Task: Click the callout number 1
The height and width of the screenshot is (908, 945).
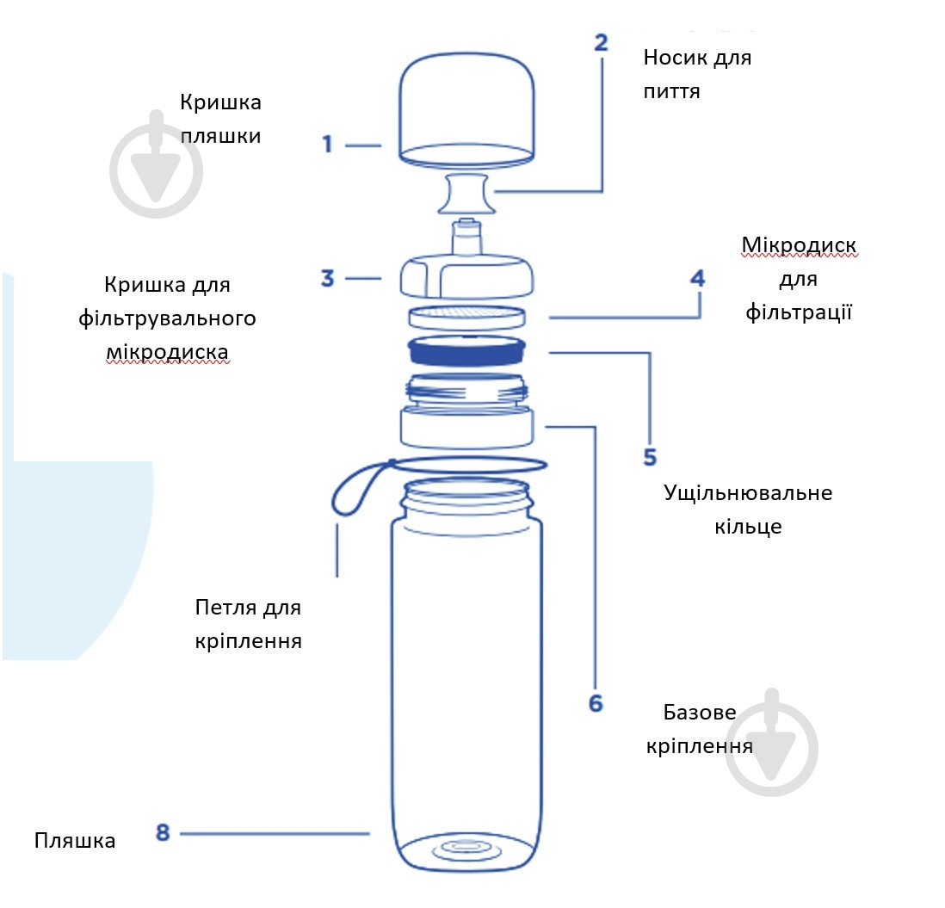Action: pyautogui.click(x=327, y=145)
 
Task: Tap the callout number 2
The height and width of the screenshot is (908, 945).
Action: pyautogui.click(x=601, y=43)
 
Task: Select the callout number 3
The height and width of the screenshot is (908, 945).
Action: pyautogui.click(x=327, y=279)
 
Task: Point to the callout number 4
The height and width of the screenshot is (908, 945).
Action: pyautogui.click(x=698, y=279)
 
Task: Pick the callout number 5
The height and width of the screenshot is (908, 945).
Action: pyautogui.click(x=650, y=455)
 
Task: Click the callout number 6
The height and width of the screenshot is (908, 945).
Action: pyautogui.click(x=596, y=703)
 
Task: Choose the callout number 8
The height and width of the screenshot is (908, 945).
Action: pyautogui.click(x=164, y=832)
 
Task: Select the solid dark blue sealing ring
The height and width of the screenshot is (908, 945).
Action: pyautogui.click(x=467, y=350)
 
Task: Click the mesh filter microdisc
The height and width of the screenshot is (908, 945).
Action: pyautogui.click(x=467, y=315)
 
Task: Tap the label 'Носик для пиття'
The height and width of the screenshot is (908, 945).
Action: pyautogui.click(x=697, y=74)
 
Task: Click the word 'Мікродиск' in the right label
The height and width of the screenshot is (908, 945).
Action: pyautogui.click(x=799, y=247)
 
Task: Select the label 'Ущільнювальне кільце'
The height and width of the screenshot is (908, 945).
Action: pyautogui.click(x=747, y=510)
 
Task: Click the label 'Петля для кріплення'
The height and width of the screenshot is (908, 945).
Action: pyautogui.click(x=248, y=624)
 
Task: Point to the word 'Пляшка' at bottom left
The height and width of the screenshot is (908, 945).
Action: pyautogui.click(x=75, y=841)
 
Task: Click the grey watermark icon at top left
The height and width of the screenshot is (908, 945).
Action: pyautogui.click(x=157, y=164)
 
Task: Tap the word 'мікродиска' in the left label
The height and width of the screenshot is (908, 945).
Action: pyautogui.click(x=168, y=353)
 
